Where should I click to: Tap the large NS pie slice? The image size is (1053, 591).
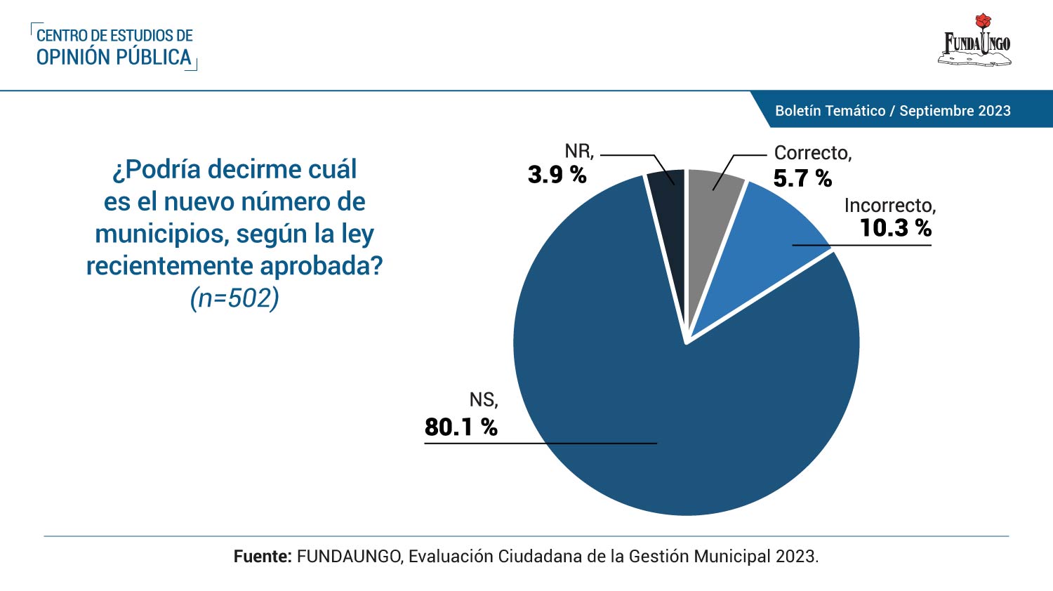point(674,407)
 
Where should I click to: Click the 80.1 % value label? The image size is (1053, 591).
point(461,427)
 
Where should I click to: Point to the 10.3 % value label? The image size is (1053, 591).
point(895,227)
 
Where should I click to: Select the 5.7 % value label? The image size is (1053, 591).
point(802,178)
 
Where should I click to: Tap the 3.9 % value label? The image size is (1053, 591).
point(557,175)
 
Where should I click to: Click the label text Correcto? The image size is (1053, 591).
point(812,153)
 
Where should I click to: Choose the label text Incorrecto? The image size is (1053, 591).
point(889,205)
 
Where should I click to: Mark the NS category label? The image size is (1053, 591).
point(483,400)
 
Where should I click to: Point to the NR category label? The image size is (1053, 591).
point(578,151)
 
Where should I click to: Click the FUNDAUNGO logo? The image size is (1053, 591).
point(976,44)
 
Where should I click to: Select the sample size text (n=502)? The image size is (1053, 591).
point(234,298)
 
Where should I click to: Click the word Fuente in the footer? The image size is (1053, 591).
point(262,557)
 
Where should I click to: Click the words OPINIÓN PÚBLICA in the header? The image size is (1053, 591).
point(114,58)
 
